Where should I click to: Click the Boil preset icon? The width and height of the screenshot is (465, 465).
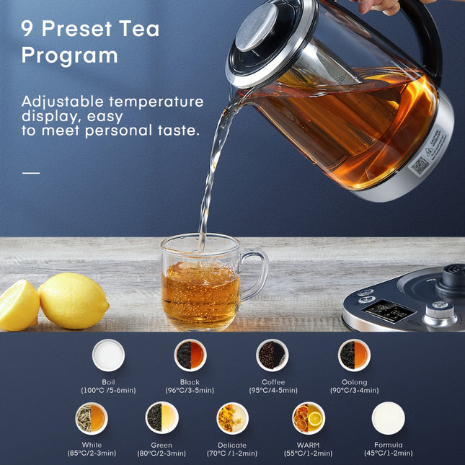point(108,355)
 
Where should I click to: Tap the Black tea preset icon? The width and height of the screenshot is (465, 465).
point(190,355)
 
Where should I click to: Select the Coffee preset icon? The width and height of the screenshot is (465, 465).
point(273,355)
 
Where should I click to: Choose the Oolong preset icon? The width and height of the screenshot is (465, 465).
point(354,355)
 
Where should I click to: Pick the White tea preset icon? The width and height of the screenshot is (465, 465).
point(92,417)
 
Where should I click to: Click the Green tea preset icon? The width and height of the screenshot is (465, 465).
point(161,417)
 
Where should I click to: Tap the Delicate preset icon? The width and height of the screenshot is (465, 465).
point(232,417)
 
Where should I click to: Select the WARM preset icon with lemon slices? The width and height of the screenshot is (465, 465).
point(309,417)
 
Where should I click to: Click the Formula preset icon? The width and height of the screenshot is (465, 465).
point(388,417)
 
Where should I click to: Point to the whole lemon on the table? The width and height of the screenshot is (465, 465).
point(73,301)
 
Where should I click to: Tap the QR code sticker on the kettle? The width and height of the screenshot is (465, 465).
point(420,167)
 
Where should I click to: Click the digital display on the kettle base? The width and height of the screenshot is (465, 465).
point(387,311)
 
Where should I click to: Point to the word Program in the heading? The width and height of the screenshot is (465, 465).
point(69,56)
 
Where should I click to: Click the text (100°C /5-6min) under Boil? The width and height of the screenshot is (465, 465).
point(108,390)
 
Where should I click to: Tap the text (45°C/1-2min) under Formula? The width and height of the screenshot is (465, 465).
point(388,453)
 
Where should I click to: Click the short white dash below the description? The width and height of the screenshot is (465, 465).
point(31,172)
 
